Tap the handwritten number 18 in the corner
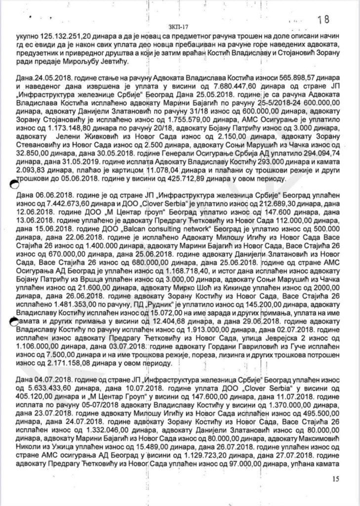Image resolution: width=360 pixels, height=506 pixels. coord(323,20)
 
